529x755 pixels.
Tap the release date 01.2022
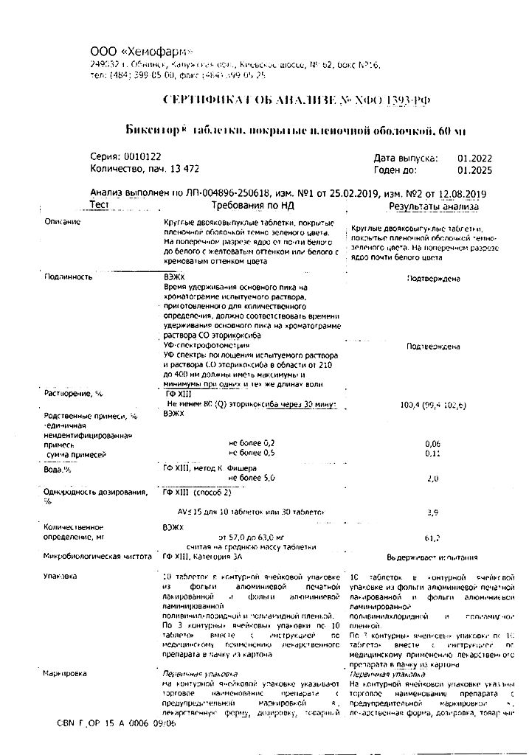click(x=474, y=158)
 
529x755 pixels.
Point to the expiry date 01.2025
click(x=474, y=170)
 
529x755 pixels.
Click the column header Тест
click(x=99, y=204)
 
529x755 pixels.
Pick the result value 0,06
click(x=433, y=442)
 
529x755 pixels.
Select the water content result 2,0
click(x=433, y=479)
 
